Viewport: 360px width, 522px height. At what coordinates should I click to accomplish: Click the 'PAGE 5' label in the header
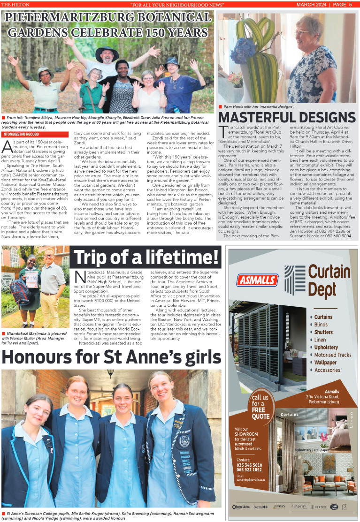pyautogui.click(x=346, y=5)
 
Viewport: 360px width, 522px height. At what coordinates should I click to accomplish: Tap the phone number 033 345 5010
pyautogui.click(x=250, y=465)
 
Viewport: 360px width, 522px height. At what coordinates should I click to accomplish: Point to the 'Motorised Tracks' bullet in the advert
pyautogui.click(x=333, y=355)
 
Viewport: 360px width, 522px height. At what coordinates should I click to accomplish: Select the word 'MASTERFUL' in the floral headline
pyautogui.click(x=257, y=117)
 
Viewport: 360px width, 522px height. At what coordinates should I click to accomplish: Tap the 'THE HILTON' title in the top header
pyautogui.click(x=15, y=5)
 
